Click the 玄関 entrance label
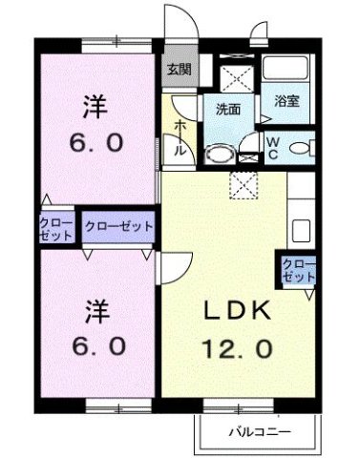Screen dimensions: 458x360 point(176,69)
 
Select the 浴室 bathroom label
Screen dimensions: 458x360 point(286,100)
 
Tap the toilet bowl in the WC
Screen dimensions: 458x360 point(299,148)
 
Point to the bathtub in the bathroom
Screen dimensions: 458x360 point(286,71)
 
